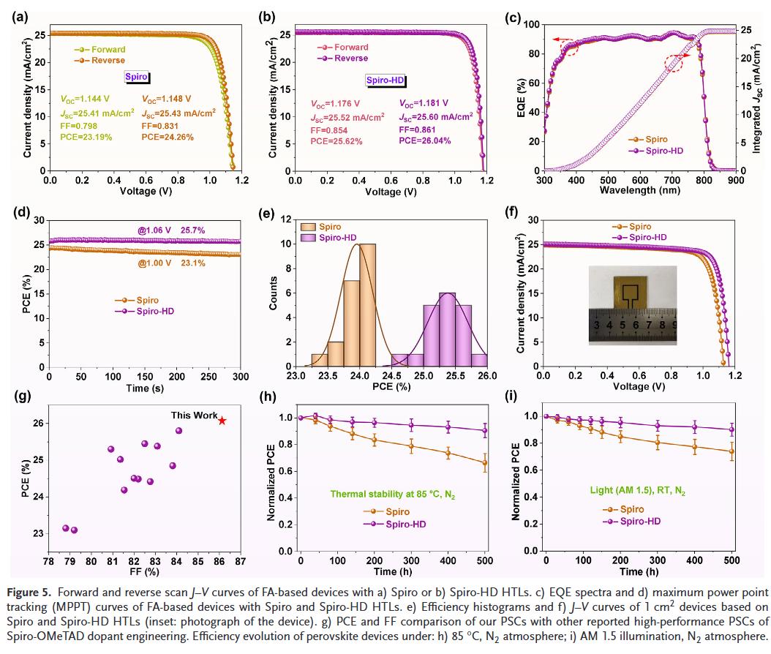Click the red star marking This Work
tap(222, 421)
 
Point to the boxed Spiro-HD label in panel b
tap(385, 81)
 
